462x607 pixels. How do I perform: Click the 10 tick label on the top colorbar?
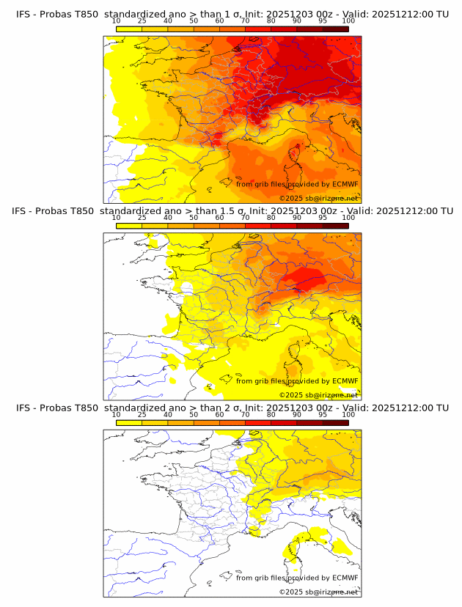(x=116, y=21)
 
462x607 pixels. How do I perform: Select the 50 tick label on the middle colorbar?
(x=194, y=218)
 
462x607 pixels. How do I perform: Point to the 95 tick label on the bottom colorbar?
(x=323, y=414)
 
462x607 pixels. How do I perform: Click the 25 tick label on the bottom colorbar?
(x=142, y=414)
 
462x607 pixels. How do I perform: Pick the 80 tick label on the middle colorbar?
(x=271, y=218)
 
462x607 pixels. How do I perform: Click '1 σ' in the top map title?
(x=232, y=14)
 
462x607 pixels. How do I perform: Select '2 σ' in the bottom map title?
(x=232, y=407)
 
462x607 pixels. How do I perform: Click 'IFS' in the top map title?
(x=23, y=14)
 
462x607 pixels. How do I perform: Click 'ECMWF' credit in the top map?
(x=345, y=185)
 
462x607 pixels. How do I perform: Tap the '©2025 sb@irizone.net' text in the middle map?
(x=318, y=394)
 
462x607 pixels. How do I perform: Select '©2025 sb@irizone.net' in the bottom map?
(x=318, y=591)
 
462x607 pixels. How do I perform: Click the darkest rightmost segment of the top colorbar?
(x=336, y=29)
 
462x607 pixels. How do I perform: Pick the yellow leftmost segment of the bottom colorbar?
(x=129, y=423)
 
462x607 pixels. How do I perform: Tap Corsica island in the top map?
(x=296, y=155)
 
